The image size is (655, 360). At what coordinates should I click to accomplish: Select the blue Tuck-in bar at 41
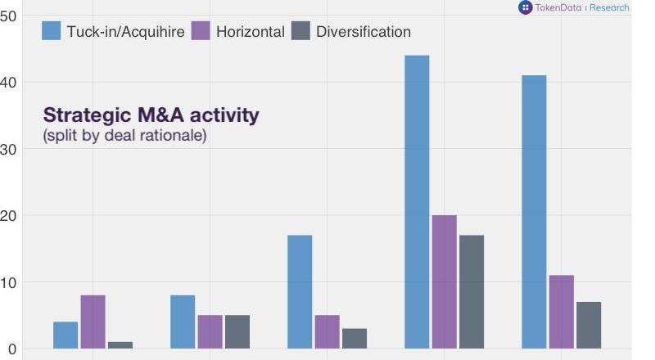point(534,212)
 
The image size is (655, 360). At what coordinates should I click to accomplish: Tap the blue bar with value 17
point(300,291)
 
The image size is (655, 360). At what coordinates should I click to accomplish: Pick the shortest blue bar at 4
point(65,335)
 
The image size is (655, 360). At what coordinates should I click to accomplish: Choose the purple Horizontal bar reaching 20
point(445,281)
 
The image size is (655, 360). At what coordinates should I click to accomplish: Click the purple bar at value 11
point(562,312)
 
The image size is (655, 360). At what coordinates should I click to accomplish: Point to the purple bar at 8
point(93,322)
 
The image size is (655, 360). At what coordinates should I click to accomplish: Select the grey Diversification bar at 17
point(472,291)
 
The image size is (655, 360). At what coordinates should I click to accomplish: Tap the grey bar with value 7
point(589,325)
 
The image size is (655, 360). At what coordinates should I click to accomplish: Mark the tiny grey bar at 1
point(120,344)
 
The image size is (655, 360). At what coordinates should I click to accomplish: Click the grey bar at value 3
point(355,338)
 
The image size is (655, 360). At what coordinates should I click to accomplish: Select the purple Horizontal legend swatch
point(201,31)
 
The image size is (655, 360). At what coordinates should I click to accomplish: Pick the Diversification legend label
point(364,32)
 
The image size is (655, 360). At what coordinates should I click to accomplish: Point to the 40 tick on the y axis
point(9,83)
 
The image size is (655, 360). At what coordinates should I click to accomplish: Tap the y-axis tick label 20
point(9,216)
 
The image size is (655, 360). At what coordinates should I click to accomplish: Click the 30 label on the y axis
point(9,149)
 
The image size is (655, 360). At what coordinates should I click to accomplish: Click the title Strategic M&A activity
point(151,115)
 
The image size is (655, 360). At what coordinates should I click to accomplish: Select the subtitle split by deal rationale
point(124,135)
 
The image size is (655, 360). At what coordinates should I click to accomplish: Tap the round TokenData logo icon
point(525,7)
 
